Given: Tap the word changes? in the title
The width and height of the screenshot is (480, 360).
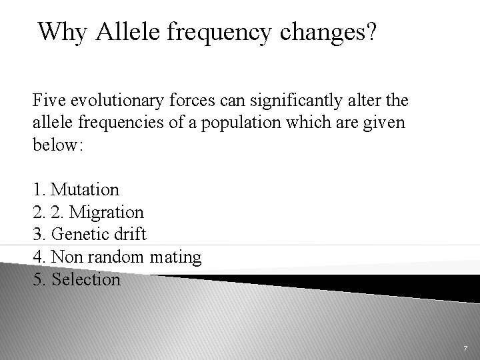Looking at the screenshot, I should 326,31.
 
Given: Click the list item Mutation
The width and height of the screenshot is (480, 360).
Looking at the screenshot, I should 85,190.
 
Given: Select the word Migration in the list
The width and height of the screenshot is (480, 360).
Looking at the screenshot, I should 107,213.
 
